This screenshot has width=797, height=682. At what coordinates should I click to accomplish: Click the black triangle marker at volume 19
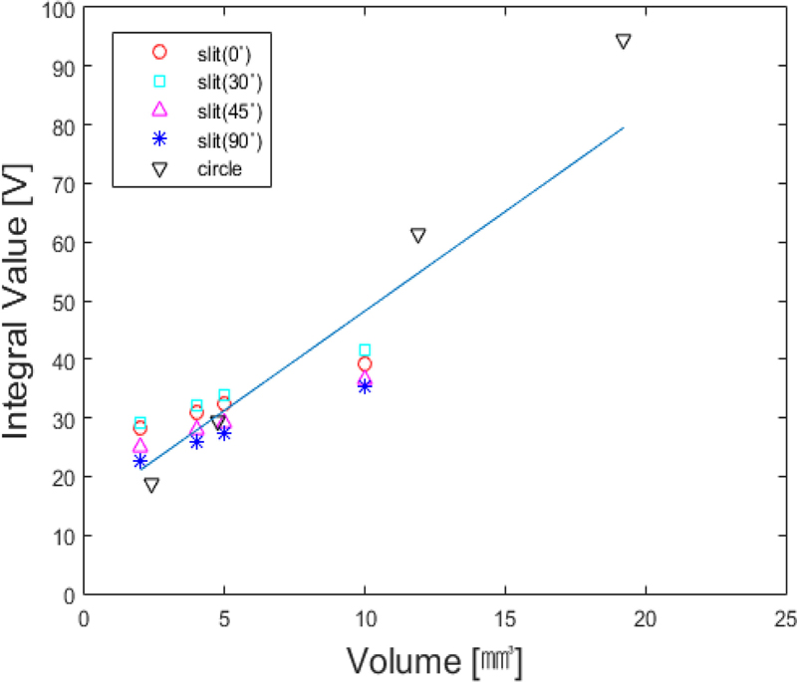(x=624, y=42)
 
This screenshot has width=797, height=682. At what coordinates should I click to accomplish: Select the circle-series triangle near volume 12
(x=418, y=235)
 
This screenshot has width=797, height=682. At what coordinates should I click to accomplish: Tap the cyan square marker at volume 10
(x=365, y=350)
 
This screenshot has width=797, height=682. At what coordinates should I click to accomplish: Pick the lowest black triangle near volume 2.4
(x=151, y=485)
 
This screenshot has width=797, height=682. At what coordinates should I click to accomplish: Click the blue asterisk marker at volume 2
(x=140, y=461)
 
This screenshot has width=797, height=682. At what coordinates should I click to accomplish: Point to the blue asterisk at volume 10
(x=365, y=386)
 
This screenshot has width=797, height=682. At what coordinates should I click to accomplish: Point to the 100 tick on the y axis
(x=59, y=9)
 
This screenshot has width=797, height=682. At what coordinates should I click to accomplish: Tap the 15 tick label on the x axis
(x=505, y=618)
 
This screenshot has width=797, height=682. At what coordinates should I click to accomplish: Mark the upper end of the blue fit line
(x=624, y=127)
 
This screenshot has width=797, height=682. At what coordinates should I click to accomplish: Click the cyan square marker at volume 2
(x=140, y=423)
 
